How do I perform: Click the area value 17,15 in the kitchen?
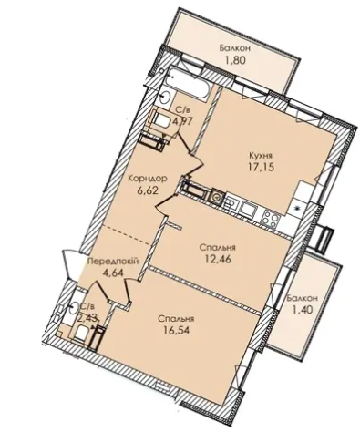(261, 168)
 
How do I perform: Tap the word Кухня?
(261, 156)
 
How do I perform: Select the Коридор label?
(147, 179)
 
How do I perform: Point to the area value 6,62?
(149, 191)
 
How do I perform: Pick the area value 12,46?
(219, 260)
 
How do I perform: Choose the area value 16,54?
(176, 330)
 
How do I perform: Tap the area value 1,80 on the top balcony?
(234, 60)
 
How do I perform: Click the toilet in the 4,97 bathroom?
(160, 119)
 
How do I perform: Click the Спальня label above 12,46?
(218, 248)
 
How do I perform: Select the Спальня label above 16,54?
(176, 319)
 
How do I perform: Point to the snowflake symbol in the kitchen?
(296, 208)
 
